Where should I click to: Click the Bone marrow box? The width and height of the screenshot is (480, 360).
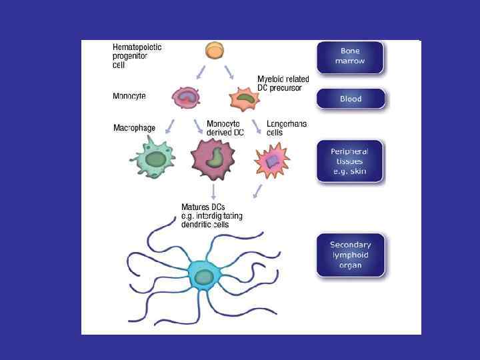coord(350,57)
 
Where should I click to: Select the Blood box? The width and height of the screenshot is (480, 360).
coord(350,99)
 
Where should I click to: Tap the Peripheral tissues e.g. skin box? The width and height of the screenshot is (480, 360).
coord(350,161)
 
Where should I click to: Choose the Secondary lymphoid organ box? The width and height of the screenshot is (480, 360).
coord(350,255)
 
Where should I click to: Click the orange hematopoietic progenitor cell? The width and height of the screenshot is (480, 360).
coord(214,51)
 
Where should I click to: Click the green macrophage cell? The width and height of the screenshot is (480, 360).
coord(155,159)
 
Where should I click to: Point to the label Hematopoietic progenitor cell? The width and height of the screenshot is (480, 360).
coord(137,57)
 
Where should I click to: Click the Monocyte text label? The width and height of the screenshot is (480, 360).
coord(129,96)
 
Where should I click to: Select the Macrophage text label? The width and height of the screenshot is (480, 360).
coord(135,127)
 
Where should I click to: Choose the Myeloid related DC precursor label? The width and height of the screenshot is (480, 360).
coord(283,83)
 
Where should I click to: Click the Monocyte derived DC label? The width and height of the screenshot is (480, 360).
coord(225,128)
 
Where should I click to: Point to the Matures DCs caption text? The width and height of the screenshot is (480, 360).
coord(212,215)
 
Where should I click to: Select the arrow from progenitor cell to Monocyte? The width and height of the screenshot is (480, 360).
coord(198,72)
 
